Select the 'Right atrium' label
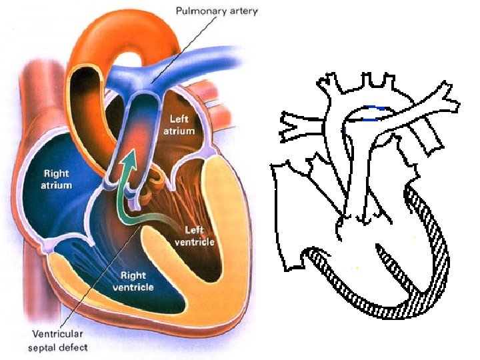pos(57,179)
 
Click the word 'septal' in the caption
pos(41,347)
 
